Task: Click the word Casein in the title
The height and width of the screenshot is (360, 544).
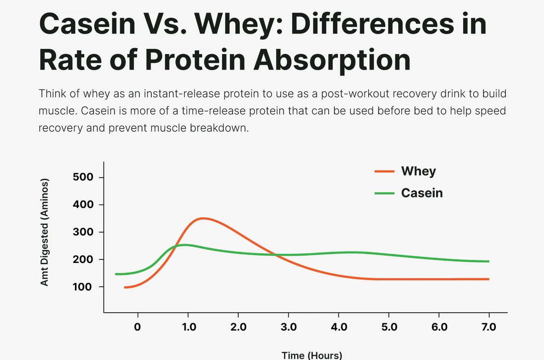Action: [87, 24]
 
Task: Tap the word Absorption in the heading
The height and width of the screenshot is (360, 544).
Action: [332, 60]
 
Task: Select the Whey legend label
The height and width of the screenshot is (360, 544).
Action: [418, 171]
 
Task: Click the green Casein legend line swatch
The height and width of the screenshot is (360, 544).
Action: [384, 193]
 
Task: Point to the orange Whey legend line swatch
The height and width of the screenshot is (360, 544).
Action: [384, 172]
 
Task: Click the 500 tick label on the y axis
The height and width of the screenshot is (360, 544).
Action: [83, 177]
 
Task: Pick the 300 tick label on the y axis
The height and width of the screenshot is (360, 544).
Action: [83, 232]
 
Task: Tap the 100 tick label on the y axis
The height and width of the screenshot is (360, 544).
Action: [82, 287]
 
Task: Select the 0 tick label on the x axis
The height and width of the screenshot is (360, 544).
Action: [137, 327]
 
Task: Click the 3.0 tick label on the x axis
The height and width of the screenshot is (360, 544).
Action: [288, 327]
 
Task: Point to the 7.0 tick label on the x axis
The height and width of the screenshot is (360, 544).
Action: [489, 327]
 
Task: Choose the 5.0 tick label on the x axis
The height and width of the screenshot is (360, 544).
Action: [389, 327]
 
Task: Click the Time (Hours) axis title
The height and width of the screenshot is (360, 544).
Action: [312, 355]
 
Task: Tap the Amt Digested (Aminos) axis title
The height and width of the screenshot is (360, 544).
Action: [44, 232]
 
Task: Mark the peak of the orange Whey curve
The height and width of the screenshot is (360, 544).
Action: [203, 218]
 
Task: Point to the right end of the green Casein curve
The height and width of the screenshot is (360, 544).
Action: [488, 261]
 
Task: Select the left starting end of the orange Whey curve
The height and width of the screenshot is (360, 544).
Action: [125, 287]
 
